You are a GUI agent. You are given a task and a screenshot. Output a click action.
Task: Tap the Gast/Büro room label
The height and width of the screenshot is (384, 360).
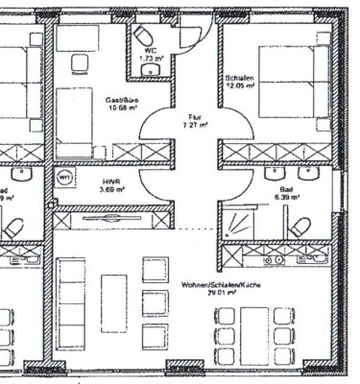click(x=124, y=99)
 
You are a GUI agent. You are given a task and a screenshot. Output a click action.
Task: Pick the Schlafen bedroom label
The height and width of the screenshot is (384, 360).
click(x=239, y=77)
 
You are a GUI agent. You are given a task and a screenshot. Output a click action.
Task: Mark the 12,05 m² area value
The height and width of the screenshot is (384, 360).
click(x=239, y=86)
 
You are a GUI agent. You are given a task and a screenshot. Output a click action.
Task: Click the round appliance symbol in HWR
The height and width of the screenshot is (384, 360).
click(x=66, y=180)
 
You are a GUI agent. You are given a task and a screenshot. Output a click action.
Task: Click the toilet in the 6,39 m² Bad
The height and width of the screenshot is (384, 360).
click(x=300, y=227)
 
